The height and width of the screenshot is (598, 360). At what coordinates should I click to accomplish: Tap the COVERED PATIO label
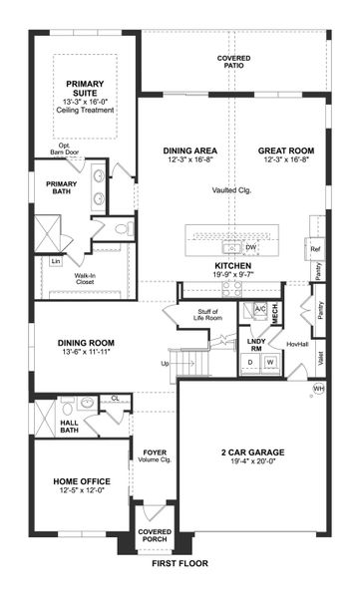(x=234, y=63)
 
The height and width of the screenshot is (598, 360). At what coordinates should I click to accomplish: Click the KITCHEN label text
(x=235, y=267)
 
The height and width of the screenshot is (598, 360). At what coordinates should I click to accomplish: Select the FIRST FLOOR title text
(x=180, y=564)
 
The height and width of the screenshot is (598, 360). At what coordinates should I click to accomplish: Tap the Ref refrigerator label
(x=315, y=248)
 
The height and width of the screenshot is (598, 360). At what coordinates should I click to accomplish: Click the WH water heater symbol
(x=319, y=388)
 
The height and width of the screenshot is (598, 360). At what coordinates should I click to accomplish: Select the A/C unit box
(x=258, y=310)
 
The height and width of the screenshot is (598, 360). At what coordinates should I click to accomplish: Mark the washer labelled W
(x=269, y=362)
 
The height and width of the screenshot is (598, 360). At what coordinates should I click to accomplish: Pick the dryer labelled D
(x=250, y=362)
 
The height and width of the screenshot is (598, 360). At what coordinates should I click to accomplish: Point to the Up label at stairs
(x=165, y=364)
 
